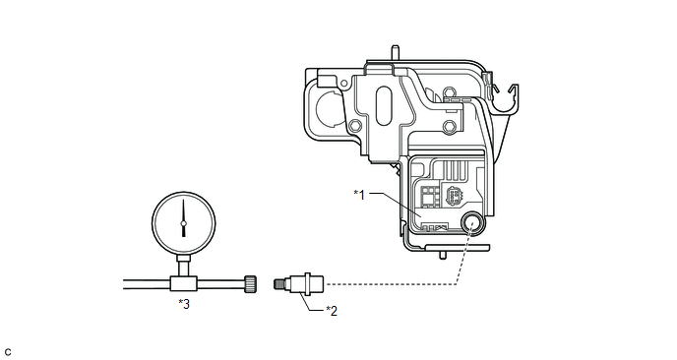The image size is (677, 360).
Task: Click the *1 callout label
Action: point(359,195)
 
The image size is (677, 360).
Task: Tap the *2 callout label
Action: point(332,311)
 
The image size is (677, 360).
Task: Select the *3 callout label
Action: point(184,304)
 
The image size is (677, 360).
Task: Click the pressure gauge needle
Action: point(183,218)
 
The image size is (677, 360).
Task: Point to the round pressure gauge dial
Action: point(183,223)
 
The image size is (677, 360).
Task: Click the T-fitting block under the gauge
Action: point(184,283)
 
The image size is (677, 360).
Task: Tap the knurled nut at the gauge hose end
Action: point(251,283)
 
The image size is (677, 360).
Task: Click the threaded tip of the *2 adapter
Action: point(277,284)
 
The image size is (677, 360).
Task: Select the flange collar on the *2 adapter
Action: point(307,284)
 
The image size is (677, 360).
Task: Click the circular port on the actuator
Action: point(472,223)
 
